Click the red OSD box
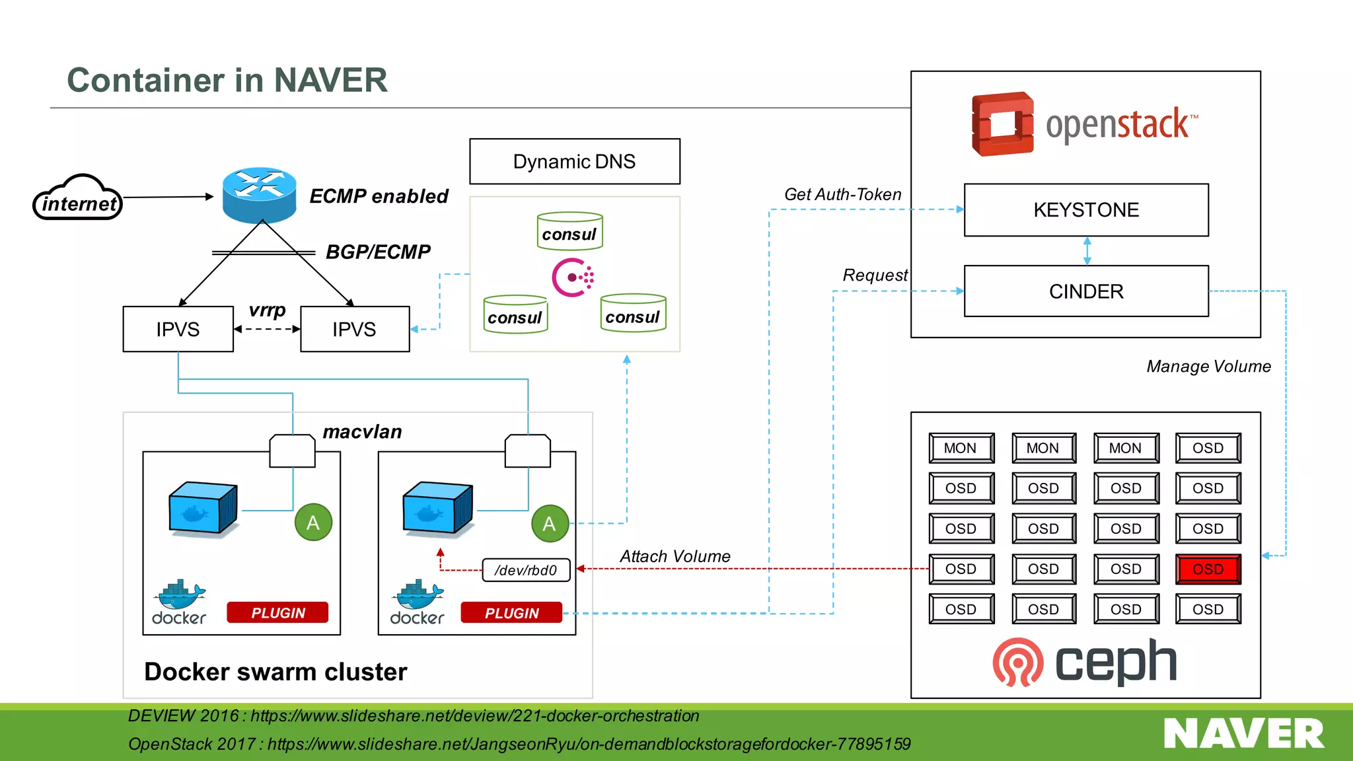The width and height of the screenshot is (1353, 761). [x=1208, y=569]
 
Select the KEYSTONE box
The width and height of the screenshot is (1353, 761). [x=1085, y=210]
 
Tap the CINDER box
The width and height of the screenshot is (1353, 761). [x=1085, y=291]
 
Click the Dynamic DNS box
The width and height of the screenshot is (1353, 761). [x=574, y=161]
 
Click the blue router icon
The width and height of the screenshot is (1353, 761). [x=259, y=195]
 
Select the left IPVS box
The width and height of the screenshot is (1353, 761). [x=178, y=329]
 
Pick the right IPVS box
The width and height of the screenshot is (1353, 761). [x=355, y=329]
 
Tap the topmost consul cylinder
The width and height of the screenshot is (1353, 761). [x=569, y=232]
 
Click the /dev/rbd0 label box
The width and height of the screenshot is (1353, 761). [x=526, y=570]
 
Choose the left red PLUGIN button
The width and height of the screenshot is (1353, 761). [x=277, y=612]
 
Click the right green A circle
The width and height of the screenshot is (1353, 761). [x=550, y=524]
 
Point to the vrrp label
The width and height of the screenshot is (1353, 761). [x=267, y=310]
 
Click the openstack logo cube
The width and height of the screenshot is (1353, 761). [x=1002, y=124]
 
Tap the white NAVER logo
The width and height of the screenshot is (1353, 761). [x=1243, y=734]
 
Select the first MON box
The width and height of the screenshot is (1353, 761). [x=961, y=448]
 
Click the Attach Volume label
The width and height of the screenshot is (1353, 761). [x=675, y=556]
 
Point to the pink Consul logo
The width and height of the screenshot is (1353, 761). [x=572, y=277]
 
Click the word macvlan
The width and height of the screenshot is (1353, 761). [x=362, y=432]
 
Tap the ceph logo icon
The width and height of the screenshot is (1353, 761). [x=1017, y=662]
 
